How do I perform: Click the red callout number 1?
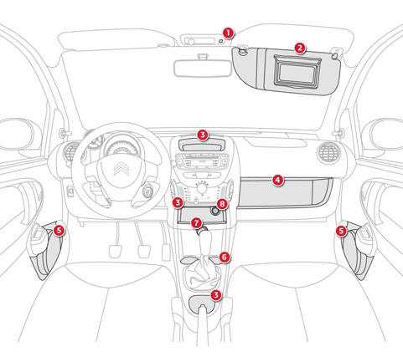pos(229,33)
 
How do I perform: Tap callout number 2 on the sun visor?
pos(300,48)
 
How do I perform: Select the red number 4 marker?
pos(277,181)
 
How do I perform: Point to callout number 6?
pos(225,257)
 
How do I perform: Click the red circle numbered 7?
pos(196,223)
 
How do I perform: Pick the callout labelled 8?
pos(222,204)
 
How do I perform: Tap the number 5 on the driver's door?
pos(59,231)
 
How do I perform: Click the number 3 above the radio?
pos(203,135)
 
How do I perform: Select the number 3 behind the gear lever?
pos(216,294)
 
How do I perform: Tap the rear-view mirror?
pos(203,69)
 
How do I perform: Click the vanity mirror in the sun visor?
pos(297,72)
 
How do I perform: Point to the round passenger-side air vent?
pos(328,153)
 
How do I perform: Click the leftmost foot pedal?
pos(115,252)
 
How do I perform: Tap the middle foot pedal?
pos(144,252)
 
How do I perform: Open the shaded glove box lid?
pos(285,193)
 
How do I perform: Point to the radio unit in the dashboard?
pos(202,161)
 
